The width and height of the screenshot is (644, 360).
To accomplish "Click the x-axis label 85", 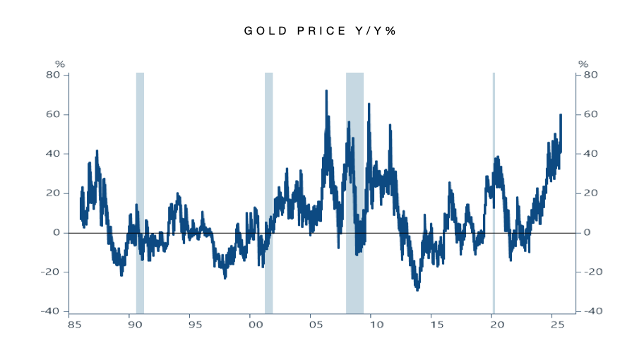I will [73, 325].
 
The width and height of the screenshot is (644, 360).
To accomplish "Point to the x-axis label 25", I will [556, 325].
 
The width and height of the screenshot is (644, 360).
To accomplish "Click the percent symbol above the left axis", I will [60, 64].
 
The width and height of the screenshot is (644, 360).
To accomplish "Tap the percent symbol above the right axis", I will [583, 64].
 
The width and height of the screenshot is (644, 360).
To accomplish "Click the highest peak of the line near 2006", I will [326, 91].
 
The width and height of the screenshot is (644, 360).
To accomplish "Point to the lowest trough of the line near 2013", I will [417, 289].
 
